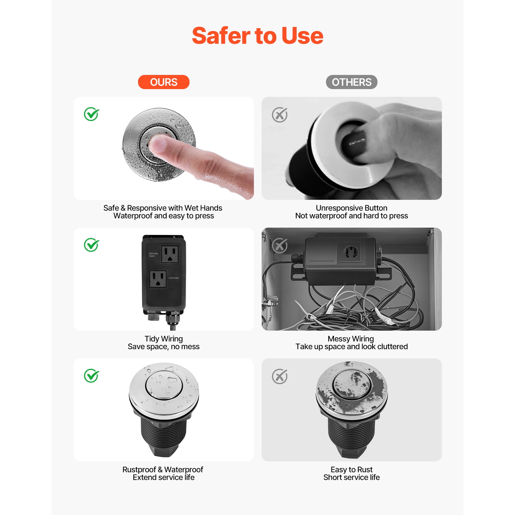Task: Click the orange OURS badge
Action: [x=164, y=82]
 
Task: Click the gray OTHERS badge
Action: [x=351, y=82]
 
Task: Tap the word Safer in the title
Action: [x=221, y=36]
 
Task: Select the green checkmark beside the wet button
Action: [x=91, y=114]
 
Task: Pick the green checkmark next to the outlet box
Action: [x=91, y=245]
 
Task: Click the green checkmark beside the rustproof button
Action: [x=91, y=376]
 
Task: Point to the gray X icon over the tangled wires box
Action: [x=280, y=245]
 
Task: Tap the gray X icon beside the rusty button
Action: [x=280, y=376]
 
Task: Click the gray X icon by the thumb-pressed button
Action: [x=280, y=115]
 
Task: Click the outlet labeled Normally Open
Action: [x=170, y=254]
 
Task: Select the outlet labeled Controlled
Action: [x=158, y=279]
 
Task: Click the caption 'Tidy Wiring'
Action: [x=164, y=339]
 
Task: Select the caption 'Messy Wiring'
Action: [x=350, y=339]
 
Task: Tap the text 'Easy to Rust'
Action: [x=351, y=469]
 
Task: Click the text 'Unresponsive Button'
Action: [x=351, y=208]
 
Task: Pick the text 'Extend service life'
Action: [x=164, y=477]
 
